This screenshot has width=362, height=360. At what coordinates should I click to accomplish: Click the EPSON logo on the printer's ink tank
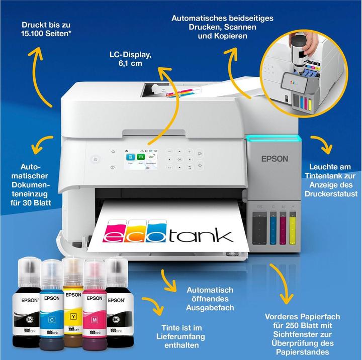click(275, 159)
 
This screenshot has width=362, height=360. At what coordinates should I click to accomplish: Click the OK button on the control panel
click(179, 159)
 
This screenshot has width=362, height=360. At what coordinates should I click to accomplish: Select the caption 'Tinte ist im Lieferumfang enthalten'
click(177, 336)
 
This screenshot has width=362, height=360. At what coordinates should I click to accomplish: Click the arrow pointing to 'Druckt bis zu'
click(40, 75)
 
